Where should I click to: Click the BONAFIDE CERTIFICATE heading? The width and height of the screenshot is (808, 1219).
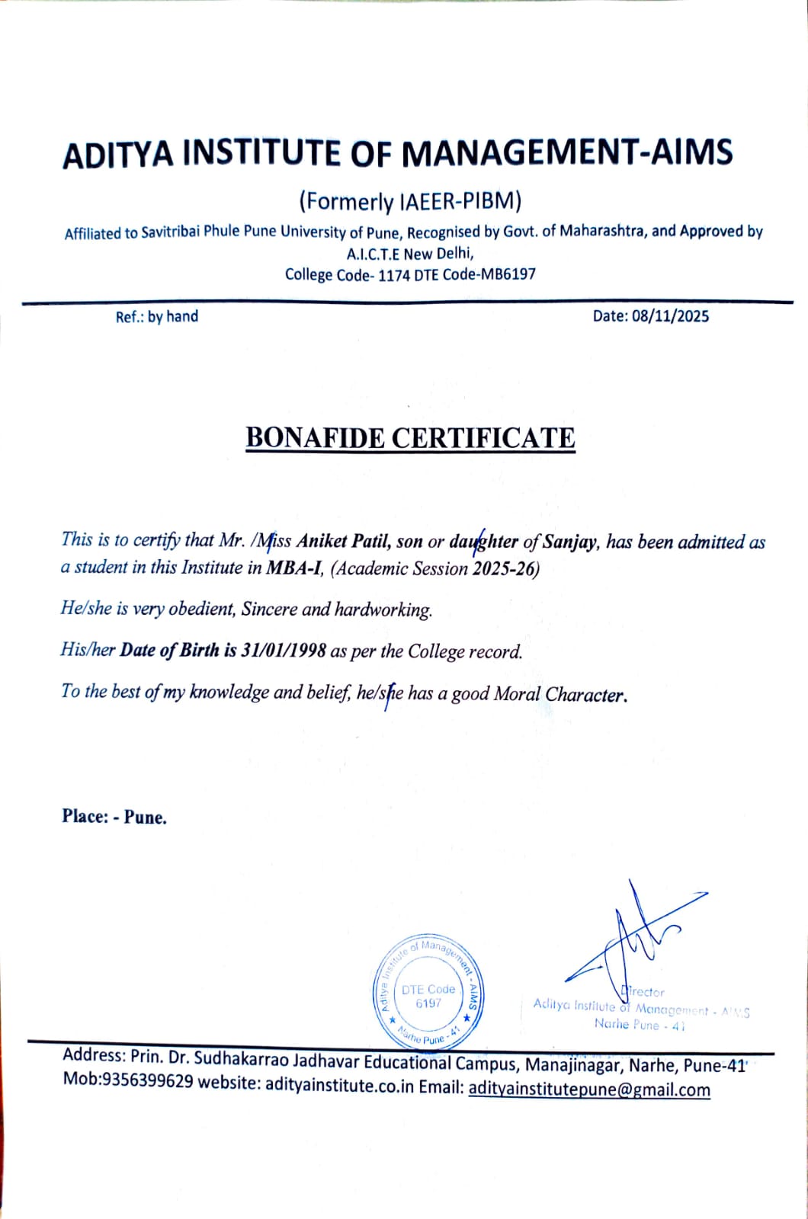(x=410, y=438)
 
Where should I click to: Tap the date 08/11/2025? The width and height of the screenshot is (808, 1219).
(x=670, y=316)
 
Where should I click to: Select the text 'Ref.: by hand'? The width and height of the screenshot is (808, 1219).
(x=156, y=317)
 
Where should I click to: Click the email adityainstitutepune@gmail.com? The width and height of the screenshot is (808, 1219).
(x=589, y=1089)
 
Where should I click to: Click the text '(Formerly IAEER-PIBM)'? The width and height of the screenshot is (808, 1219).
(x=410, y=201)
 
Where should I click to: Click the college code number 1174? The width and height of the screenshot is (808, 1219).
(x=393, y=275)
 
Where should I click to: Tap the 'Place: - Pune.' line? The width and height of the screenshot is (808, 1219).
(x=114, y=817)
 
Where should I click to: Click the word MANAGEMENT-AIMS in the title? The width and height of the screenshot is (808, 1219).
(x=566, y=154)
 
